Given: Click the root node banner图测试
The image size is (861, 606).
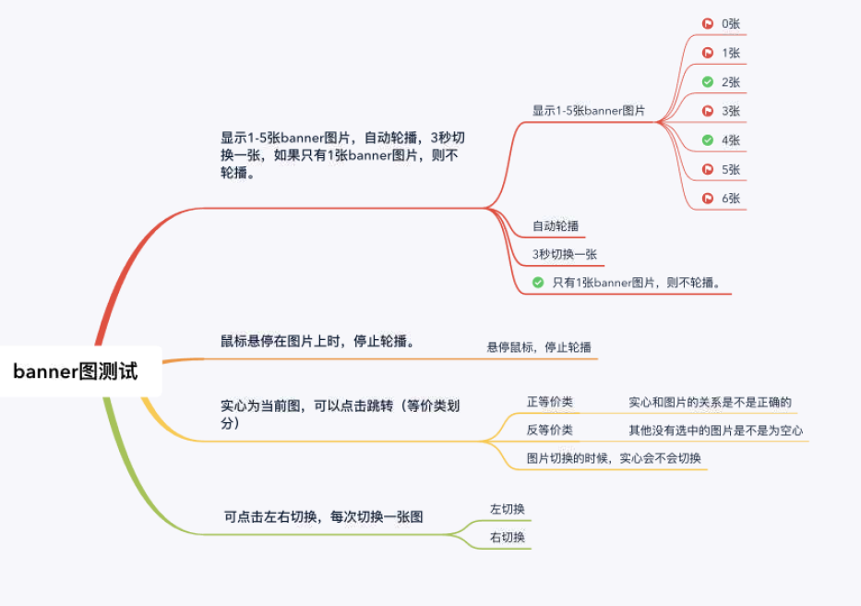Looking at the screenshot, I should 76,371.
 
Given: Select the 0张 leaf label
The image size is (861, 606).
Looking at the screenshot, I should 731,24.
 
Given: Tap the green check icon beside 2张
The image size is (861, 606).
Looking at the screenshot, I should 708,82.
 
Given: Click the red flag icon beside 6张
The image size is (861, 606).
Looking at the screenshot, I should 708,198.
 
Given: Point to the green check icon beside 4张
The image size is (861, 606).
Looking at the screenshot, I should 708,140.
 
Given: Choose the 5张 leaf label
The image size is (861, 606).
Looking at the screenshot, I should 731,170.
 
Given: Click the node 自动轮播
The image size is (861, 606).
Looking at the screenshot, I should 556,225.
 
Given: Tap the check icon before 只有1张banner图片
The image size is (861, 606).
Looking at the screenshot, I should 538,283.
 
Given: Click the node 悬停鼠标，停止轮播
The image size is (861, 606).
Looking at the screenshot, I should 539,347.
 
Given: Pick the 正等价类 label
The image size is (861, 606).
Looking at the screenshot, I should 549,402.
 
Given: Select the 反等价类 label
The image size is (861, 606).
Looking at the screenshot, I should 549,430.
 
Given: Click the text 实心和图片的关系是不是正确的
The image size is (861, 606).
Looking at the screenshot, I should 710,403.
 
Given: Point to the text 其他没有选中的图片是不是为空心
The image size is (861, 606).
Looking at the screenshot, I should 715,430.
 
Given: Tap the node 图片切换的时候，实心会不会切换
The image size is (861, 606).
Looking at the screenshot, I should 614,458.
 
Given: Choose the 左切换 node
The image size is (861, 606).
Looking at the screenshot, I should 508,509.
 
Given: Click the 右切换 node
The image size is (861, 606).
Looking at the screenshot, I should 508,538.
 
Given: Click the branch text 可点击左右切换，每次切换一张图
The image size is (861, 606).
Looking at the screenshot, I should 324,516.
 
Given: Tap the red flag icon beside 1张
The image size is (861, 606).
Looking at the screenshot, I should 708,53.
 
